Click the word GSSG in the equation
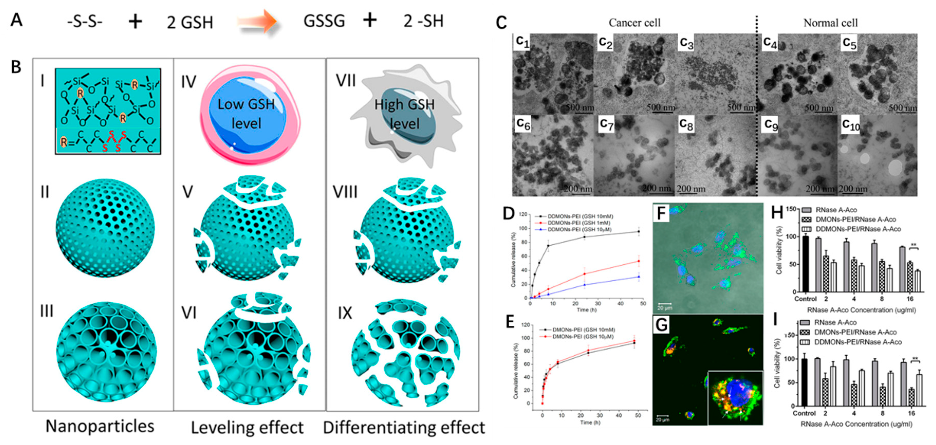(x=324, y=21)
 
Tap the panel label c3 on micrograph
(x=686, y=43)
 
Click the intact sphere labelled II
(x=105, y=228)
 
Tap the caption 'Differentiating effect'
(x=404, y=428)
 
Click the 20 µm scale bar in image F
(x=665, y=304)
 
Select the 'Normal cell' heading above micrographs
(x=830, y=23)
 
